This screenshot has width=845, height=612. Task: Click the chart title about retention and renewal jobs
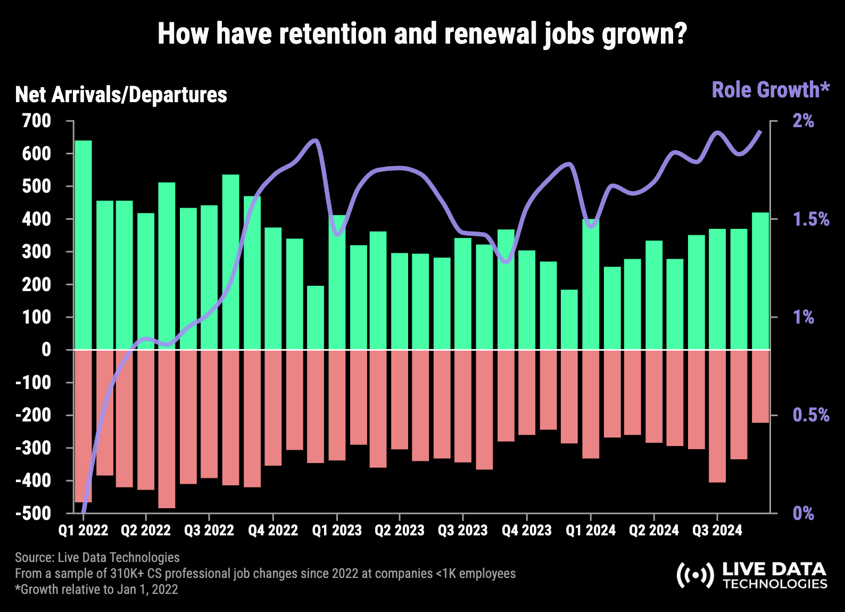pyautogui.click(x=422, y=34)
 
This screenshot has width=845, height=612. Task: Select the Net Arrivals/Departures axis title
pyautogui.click(x=121, y=95)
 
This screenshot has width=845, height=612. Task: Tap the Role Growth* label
pyautogui.click(x=771, y=90)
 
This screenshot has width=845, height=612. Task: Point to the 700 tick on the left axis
pyautogui.click(x=37, y=121)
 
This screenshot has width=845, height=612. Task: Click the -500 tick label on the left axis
pyautogui.click(x=34, y=513)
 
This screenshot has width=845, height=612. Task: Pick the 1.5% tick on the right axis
pyautogui.click(x=811, y=219)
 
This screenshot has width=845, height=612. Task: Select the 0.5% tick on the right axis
pyautogui.click(x=811, y=415)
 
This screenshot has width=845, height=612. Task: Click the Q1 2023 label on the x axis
pyautogui.click(x=336, y=530)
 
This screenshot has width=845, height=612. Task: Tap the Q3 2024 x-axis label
pyautogui.click(x=717, y=530)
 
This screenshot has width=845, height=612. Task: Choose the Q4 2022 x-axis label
pyautogui.click(x=273, y=530)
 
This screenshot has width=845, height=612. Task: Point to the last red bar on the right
pyautogui.click(x=760, y=386)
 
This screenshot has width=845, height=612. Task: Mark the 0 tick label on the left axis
pyautogui.click(x=46, y=350)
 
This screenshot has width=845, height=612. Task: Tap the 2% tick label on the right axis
pyautogui.click(x=803, y=121)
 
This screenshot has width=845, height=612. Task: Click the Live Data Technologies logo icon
pyautogui.click(x=695, y=575)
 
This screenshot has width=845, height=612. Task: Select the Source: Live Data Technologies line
pyautogui.click(x=97, y=557)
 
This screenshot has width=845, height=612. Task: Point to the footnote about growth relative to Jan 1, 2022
pyautogui.click(x=96, y=589)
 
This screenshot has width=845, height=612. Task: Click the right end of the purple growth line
pyautogui.click(x=760, y=131)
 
